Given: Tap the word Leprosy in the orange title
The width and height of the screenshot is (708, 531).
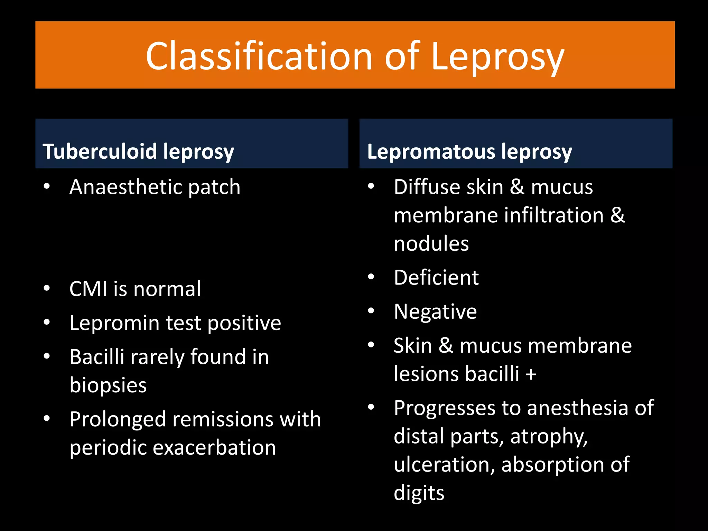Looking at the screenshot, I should tap(498, 57).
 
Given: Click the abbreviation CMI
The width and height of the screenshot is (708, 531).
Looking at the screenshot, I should tap(88, 289).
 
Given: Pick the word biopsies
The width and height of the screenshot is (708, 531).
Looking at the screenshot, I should tap(108, 385).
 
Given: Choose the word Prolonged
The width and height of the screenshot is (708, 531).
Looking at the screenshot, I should tap(118, 420).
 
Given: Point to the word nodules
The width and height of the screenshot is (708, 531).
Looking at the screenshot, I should tap(431, 243).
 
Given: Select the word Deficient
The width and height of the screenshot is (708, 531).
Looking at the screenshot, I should tap(436, 277).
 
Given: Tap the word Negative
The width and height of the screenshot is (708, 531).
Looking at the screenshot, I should tap(435, 311).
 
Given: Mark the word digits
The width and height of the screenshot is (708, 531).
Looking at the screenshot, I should tap(419, 493).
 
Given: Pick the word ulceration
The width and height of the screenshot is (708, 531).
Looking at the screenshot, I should tap(445, 464).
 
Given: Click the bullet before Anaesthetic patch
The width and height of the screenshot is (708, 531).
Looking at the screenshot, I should tap(47, 187).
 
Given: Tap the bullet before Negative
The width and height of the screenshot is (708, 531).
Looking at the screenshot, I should tap(371, 311).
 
